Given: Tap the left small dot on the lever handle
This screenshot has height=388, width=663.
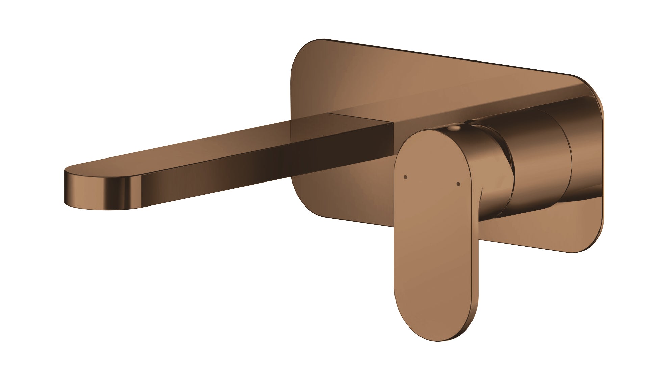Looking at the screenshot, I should [x=406, y=177].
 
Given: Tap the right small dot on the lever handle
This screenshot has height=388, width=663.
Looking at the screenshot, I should [x=458, y=184].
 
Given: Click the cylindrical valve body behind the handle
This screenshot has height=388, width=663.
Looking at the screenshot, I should [x=540, y=159].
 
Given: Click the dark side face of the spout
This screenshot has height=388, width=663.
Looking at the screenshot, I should [x=270, y=162].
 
